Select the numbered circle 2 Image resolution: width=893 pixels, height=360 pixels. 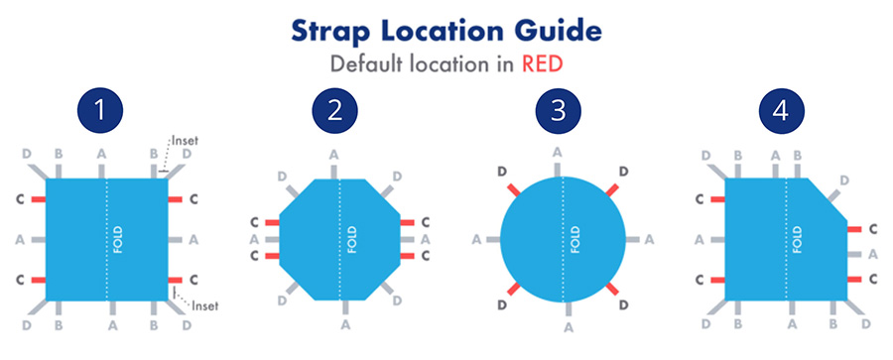click(333, 109)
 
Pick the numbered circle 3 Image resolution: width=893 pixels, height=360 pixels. click(562, 109)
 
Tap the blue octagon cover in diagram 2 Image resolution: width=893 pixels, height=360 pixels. click(318, 239)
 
